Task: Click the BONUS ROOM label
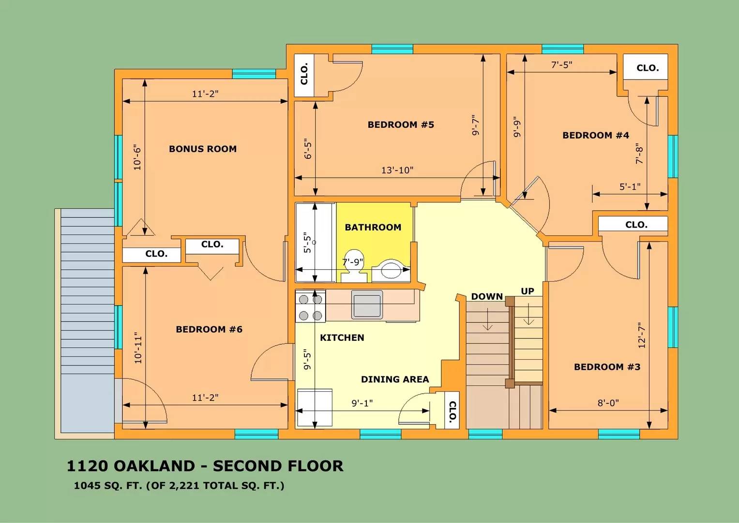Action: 202,149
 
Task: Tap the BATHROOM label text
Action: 373,227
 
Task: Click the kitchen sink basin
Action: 367,305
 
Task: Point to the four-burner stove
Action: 310,308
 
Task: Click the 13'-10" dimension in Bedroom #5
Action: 397,170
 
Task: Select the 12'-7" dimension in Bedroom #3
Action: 642,335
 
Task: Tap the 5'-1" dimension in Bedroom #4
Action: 630,186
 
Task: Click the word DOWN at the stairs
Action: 487,296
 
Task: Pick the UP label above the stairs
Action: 527,291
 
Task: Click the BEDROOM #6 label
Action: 209,329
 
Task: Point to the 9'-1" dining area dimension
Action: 362,403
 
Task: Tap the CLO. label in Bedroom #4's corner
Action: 647,68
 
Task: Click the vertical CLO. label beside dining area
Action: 452,411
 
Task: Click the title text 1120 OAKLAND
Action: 130,466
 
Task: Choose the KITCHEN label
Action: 342,338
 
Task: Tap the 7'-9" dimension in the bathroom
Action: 352,262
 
